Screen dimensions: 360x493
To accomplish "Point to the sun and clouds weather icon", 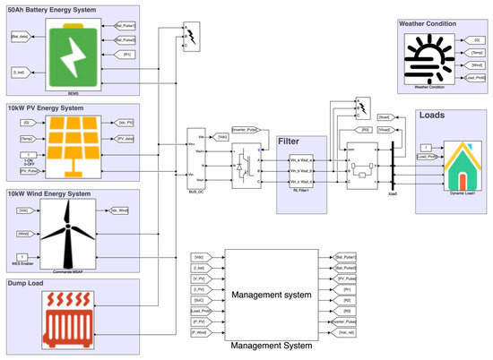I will coord(429,59).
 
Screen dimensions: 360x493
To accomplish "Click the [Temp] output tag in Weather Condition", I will coord(475,53).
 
